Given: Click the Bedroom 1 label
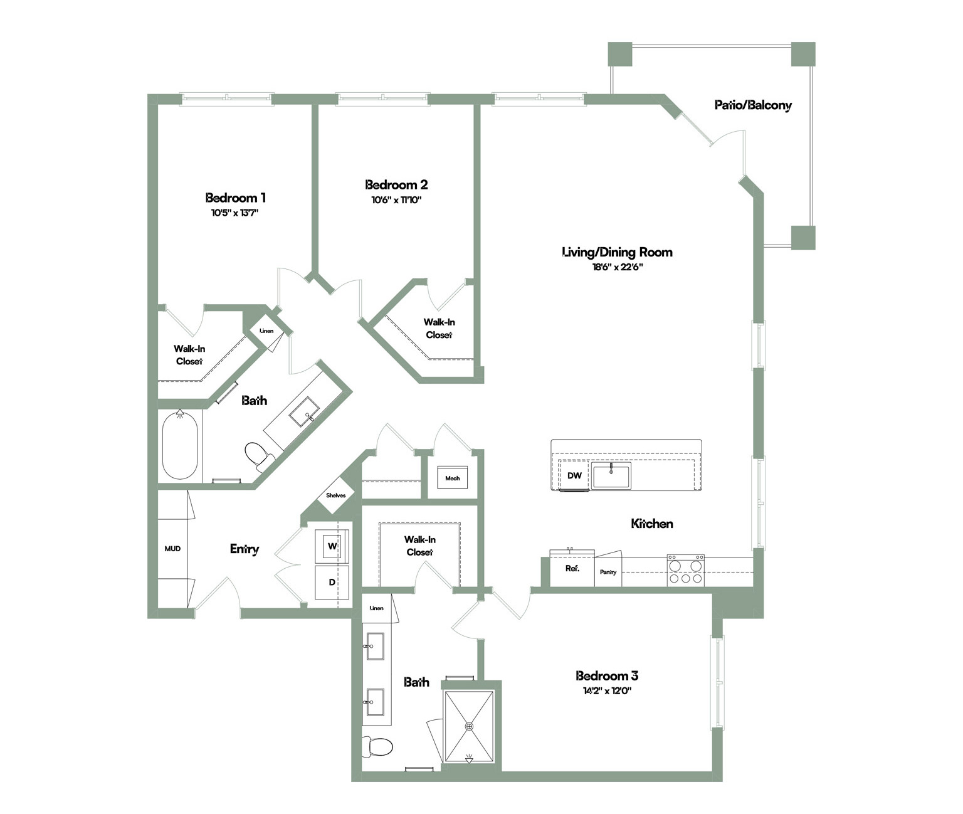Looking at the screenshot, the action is [235, 198].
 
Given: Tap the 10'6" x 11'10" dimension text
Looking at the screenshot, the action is [397, 200].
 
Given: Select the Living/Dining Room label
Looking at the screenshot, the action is [617, 252].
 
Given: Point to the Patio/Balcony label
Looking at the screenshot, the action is [753, 105].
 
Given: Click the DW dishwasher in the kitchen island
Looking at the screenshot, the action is [574, 475].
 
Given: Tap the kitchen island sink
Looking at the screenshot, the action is [611, 475].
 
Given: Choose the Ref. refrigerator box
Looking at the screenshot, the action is [572, 569].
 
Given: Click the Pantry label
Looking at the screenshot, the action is [608, 572].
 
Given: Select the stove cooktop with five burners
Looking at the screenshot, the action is [685, 571].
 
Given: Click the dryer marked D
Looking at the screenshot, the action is [332, 583].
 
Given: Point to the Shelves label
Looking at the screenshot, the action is [336, 495].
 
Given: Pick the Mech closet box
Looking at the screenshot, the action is [453, 478].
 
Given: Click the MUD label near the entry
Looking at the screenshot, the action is [172, 549].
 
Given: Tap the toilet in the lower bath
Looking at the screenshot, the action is [377, 746].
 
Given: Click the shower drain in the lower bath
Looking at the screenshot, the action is [470, 727].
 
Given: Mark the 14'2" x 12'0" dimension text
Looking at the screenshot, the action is [606, 691].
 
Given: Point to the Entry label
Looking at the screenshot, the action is [245, 549].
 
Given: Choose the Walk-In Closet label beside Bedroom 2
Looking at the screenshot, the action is [439, 329].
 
